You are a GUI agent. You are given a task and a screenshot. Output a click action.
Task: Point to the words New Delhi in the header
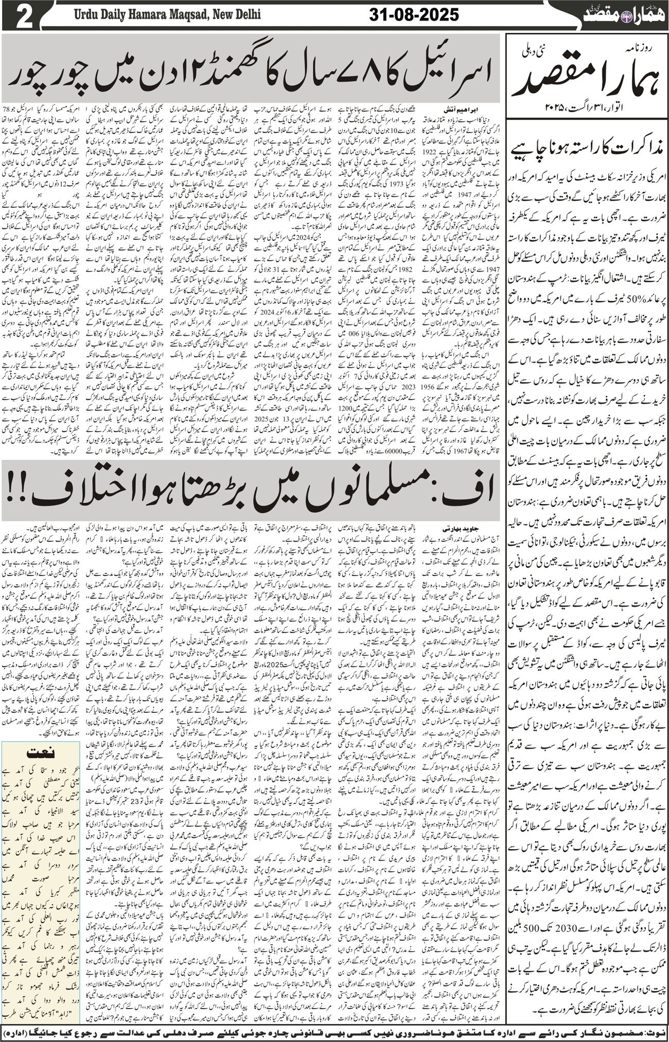pos(236,15)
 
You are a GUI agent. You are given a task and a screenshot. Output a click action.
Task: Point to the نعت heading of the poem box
pos(41,753)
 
